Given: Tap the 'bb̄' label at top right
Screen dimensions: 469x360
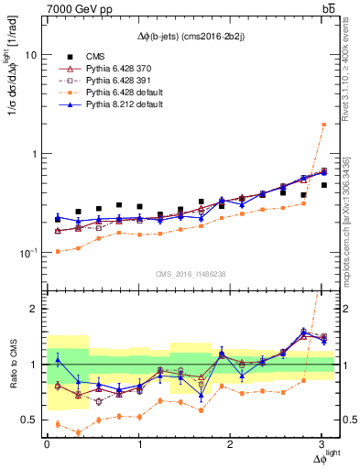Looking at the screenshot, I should click(x=329, y=9).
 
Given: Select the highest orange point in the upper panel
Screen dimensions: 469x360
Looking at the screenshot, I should click(x=323, y=124).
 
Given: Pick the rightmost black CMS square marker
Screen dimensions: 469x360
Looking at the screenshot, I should click(x=323, y=185).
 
